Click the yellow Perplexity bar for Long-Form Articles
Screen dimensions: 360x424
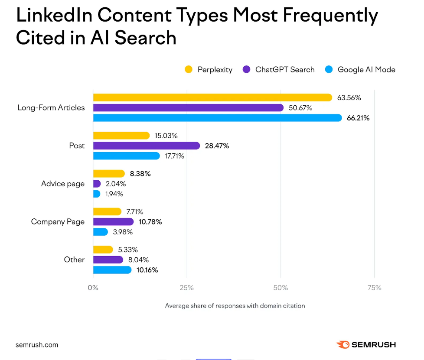[x=212, y=97]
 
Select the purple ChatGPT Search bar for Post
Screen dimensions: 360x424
[x=146, y=146]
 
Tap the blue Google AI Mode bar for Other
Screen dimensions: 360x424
[x=112, y=270]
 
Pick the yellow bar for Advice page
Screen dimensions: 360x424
[x=109, y=174]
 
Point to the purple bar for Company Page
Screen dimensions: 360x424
[x=113, y=222]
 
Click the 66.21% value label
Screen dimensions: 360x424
[x=358, y=118]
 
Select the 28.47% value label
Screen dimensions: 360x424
[x=217, y=146]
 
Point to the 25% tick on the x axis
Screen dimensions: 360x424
[x=187, y=288]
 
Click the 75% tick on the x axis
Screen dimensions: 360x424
[x=374, y=288]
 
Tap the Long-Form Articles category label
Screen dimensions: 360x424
[x=51, y=108]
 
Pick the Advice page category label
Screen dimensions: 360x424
[x=63, y=184]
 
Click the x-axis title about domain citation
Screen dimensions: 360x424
[x=235, y=306]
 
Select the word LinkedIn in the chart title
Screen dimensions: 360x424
[x=54, y=16]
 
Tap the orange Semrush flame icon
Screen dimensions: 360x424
[x=342, y=345]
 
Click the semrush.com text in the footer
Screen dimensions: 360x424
[x=36, y=345]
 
